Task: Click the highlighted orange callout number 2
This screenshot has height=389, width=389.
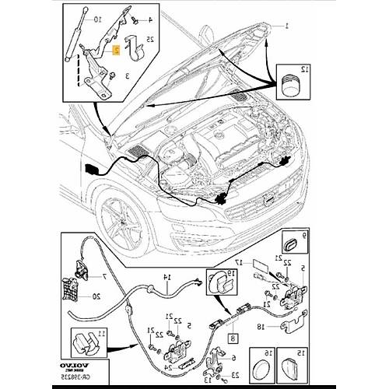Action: pyautogui.click(x=116, y=49)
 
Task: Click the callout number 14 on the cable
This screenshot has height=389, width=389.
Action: pyautogui.click(x=165, y=277)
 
